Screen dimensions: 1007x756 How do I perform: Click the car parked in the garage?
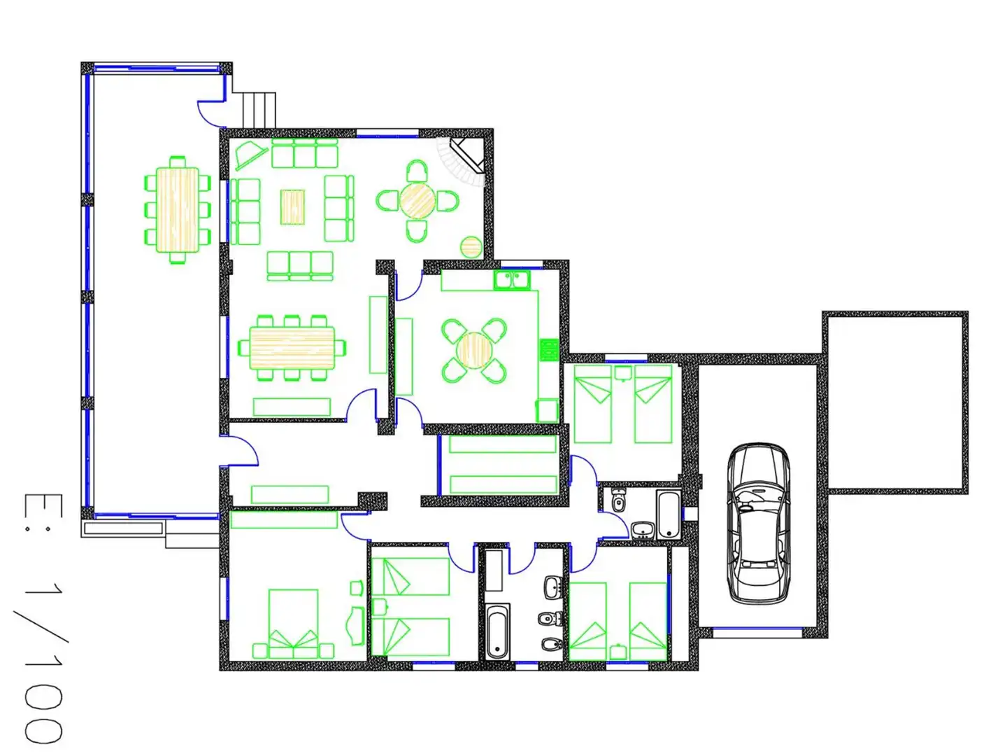pos(758,523)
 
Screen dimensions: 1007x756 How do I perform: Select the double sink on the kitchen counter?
pos(511,279)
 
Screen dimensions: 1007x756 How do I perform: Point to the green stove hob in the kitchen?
pos(549,350)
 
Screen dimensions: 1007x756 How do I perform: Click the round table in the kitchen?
pos(474,351)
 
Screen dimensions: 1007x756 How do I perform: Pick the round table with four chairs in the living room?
pos(417,201)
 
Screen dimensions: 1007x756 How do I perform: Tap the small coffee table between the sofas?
pos(292,207)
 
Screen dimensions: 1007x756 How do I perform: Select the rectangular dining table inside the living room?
pos(292,347)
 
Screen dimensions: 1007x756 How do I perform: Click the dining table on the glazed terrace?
pos(177,210)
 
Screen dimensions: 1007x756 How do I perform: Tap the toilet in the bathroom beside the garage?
pos(618,500)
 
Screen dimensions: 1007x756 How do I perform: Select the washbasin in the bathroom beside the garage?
pos(643,530)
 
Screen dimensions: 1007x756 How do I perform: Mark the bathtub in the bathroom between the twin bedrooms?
pos(497,631)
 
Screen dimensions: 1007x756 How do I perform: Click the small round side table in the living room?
pos(471,247)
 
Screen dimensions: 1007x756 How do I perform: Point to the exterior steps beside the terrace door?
pos(259,110)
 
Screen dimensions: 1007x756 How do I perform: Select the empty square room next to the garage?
pos(895,402)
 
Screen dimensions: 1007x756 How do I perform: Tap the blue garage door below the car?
pos(757,633)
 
